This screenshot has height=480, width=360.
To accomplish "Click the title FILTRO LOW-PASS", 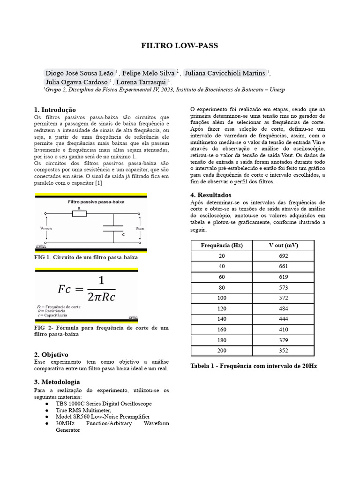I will coord(180,46).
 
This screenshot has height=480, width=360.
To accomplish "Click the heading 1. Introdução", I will coord(55,109).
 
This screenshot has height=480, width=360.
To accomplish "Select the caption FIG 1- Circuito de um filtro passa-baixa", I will coord(86,257).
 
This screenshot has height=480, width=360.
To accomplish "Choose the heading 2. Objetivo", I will coord(51,354).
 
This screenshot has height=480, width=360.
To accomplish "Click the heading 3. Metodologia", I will coord(57,382).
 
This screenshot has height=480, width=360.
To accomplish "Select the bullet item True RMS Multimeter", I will coord(83,410).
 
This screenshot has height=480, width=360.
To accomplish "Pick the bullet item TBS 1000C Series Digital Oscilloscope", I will coord(104,404).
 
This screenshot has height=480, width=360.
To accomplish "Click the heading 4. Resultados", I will coord(210,195).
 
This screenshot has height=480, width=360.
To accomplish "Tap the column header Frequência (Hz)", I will coord(221,245).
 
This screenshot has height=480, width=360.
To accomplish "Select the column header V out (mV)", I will coord(283,245).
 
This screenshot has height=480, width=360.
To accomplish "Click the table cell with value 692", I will coord(283,256).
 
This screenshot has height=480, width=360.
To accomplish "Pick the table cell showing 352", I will coord(283,351).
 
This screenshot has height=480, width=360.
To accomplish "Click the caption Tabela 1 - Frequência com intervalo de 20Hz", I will coord(254,366).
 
